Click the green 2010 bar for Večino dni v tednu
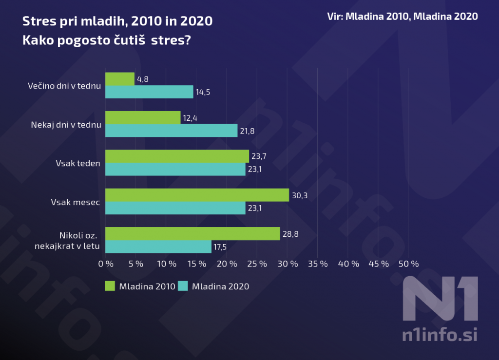tap(120, 79)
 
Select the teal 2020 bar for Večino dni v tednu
tap(149, 92)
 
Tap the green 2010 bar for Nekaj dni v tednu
tap(143, 118)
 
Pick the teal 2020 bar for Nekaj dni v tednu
tap(171, 131)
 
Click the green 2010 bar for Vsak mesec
tap(197, 195)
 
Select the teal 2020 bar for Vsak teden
tap(175, 169)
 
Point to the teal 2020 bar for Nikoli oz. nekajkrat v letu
tap(158, 246)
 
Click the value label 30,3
tap(300, 195)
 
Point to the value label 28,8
tap(291, 234)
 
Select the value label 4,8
tap(142, 79)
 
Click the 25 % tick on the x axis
tap(257, 264)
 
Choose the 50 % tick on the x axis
tap(408, 264)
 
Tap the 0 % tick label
tap(106, 264)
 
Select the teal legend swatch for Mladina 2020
tap(183, 286)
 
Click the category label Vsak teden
tap(78, 163)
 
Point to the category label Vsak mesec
tap(76, 202)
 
